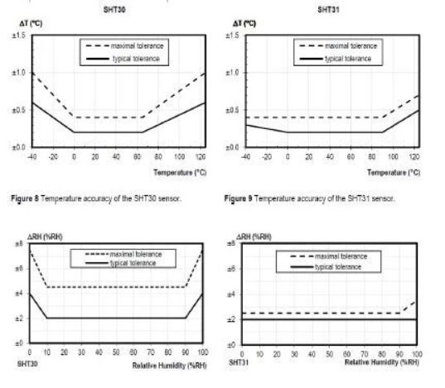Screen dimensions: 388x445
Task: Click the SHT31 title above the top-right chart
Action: coord(329,8)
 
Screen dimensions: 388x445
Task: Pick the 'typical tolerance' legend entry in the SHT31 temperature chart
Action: coord(347,59)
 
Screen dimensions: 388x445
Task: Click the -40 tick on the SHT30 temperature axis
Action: coord(31,157)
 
